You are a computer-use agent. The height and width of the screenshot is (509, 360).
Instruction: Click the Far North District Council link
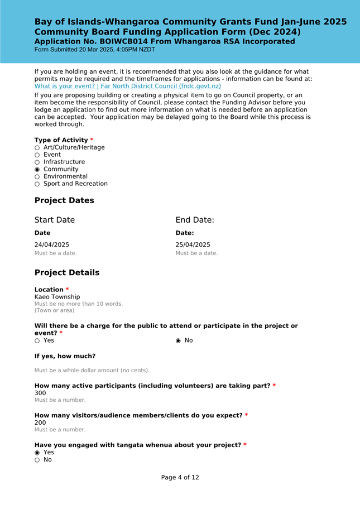click(x=128, y=87)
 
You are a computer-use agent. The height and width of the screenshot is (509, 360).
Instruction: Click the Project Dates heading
click(x=64, y=200)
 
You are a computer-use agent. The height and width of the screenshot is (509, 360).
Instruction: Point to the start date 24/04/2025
click(x=52, y=244)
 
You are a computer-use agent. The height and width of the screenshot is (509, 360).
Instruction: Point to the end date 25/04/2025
click(x=193, y=244)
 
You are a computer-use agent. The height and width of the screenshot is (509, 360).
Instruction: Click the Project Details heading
click(x=67, y=273)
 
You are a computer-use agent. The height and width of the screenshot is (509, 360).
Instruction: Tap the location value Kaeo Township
click(x=57, y=297)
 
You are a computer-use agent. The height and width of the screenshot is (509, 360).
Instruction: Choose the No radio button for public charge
click(x=178, y=340)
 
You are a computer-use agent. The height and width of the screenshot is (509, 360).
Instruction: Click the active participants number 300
click(x=40, y=393)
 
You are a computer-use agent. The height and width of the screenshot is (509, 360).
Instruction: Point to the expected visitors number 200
click(x=40, y=422)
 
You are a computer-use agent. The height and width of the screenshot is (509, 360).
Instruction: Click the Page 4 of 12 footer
click(x=180, y=478)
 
